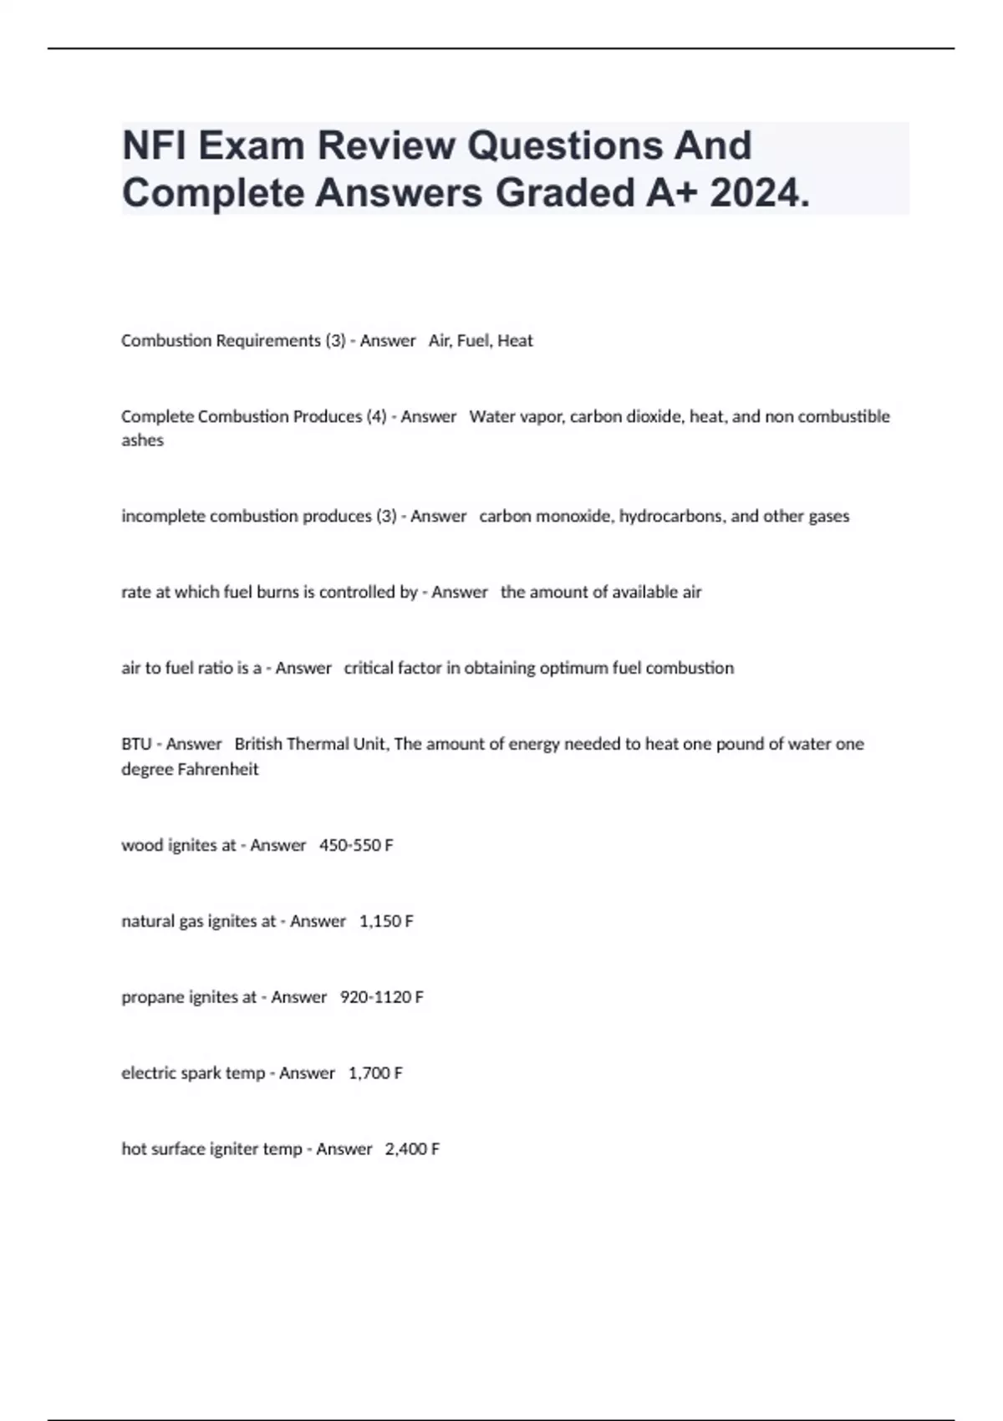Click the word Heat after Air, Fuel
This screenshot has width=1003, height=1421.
[515, 341]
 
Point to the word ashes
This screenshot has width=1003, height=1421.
[142, 441]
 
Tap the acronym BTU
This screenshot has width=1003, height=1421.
[136, 744]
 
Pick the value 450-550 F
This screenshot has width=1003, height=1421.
[356, 845]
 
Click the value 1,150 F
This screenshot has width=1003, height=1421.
[386, 921]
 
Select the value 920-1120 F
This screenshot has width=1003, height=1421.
[382, 997]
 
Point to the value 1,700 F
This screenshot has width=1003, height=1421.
[375, 1073]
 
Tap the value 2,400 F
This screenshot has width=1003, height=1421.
[412, 1149]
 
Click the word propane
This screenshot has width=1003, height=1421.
[155, 997]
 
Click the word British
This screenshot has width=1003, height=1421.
[259, 744]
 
